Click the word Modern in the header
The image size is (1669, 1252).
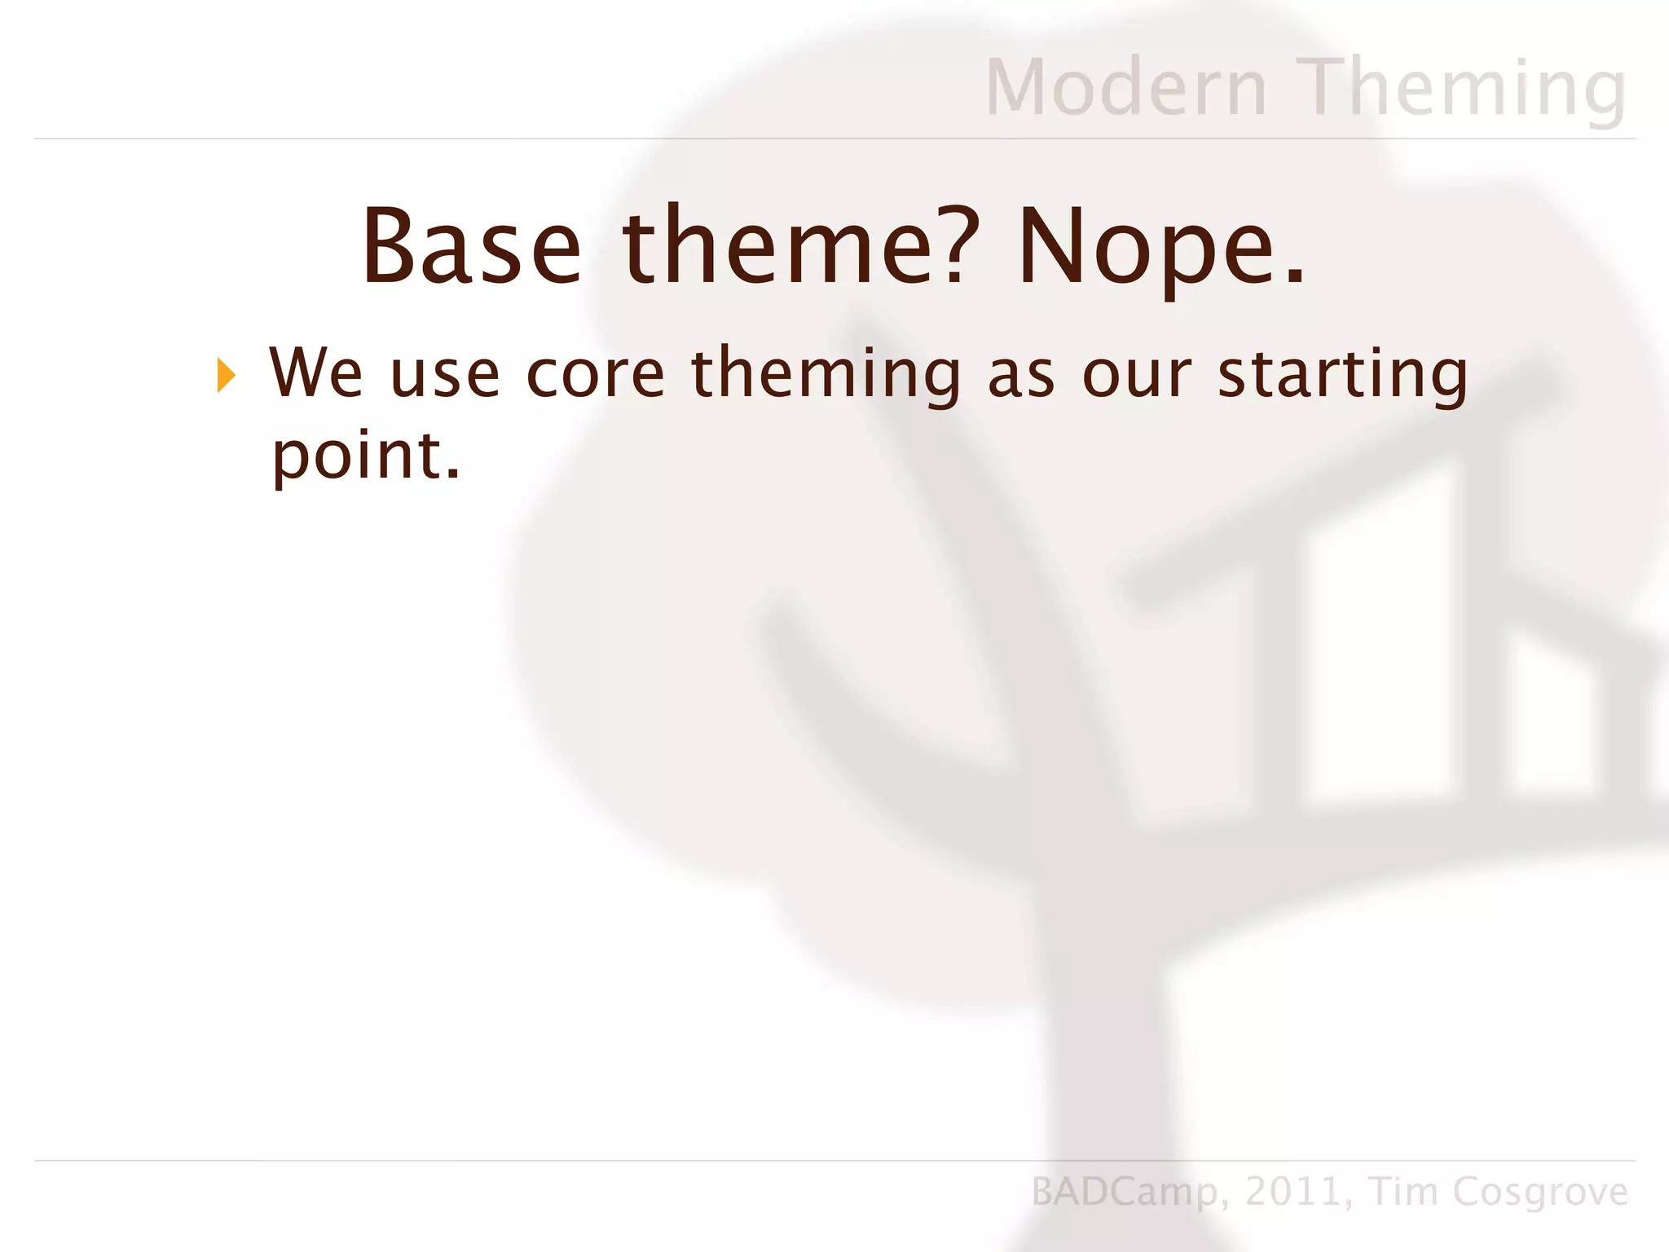tap(1126, 87)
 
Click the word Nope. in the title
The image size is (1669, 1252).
tap(1161, 247)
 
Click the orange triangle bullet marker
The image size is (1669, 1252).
tap(226, 376)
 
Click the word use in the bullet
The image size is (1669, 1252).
tap(444, 376)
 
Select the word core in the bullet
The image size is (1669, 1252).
tap(596, 376)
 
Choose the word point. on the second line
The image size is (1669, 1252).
tap(366, 456)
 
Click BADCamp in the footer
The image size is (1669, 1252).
tap(1125, 1192)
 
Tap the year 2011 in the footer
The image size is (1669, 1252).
tap(1292, 1192)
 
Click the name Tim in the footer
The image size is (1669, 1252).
tap(1403, 1192)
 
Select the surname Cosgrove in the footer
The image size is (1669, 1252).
tap(1540, 1192)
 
